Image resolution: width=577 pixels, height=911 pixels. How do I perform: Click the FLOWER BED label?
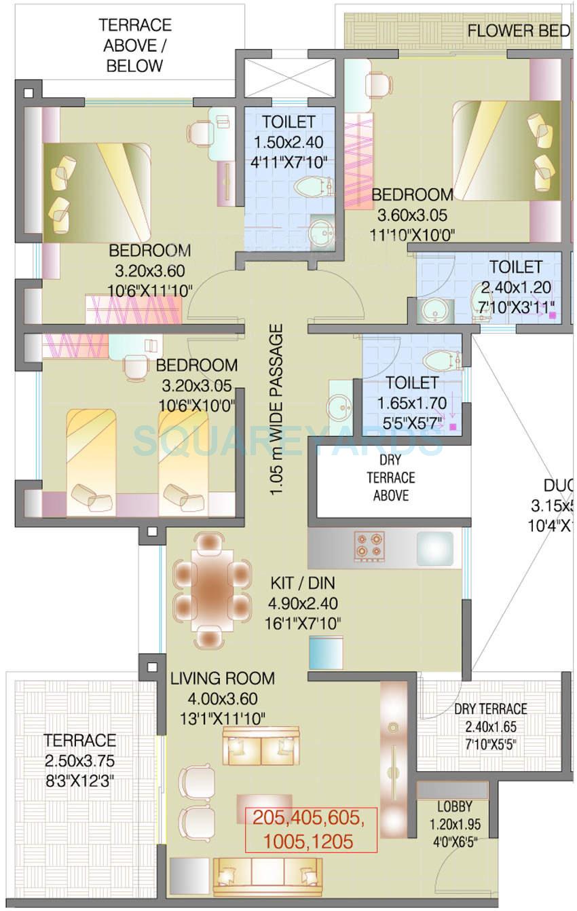[518, 31]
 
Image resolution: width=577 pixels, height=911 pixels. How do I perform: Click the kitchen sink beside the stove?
[434, 548]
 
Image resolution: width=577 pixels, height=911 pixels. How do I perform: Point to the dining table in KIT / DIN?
[210, 588]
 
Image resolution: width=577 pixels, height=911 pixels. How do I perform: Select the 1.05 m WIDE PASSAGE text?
[276, 419]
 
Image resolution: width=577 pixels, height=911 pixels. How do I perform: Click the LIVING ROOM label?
[223, 678]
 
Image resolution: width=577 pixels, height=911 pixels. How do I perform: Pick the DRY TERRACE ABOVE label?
[391, 478]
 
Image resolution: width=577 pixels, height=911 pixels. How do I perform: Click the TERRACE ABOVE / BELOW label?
[134, 46]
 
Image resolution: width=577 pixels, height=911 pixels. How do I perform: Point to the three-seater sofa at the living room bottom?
[267, 876]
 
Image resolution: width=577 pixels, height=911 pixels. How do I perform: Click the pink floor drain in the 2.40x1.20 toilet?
[553, 315]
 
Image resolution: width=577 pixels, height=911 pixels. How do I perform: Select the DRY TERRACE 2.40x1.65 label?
[490, 709]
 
